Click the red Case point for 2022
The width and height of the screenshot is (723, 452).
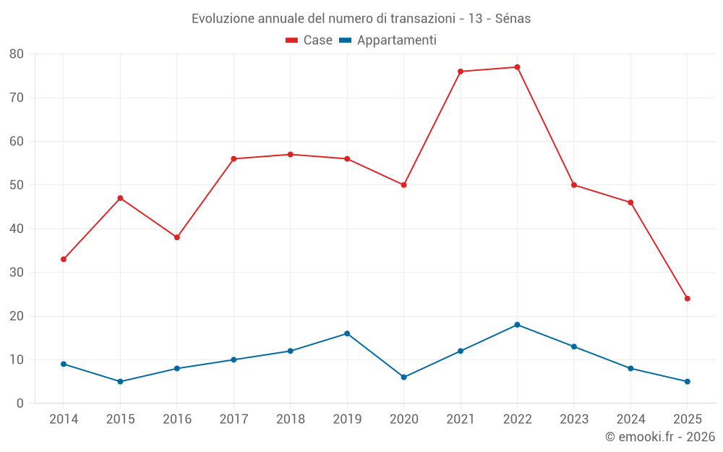517,67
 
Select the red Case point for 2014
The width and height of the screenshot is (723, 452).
64,259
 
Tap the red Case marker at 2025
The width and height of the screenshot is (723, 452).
687,299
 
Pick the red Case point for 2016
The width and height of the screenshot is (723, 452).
176,237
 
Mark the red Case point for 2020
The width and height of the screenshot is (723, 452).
403,185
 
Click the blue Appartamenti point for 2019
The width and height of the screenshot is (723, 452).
347,333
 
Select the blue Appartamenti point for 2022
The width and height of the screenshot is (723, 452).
517,325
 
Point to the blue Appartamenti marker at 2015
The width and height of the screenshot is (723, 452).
120,381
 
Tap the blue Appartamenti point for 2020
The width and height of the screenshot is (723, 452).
403,377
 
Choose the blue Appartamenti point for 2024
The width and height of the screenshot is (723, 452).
630,368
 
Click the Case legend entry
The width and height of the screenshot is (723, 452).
309,40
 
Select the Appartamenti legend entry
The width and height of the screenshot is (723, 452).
388,40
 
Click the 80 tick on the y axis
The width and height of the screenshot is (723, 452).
17,54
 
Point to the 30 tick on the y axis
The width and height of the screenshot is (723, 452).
17,273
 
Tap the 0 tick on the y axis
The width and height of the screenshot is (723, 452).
20,404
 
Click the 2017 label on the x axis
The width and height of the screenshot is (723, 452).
234,419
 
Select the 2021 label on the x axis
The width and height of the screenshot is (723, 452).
461,419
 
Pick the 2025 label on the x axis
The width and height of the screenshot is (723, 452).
687,419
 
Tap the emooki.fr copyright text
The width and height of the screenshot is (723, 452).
659,437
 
